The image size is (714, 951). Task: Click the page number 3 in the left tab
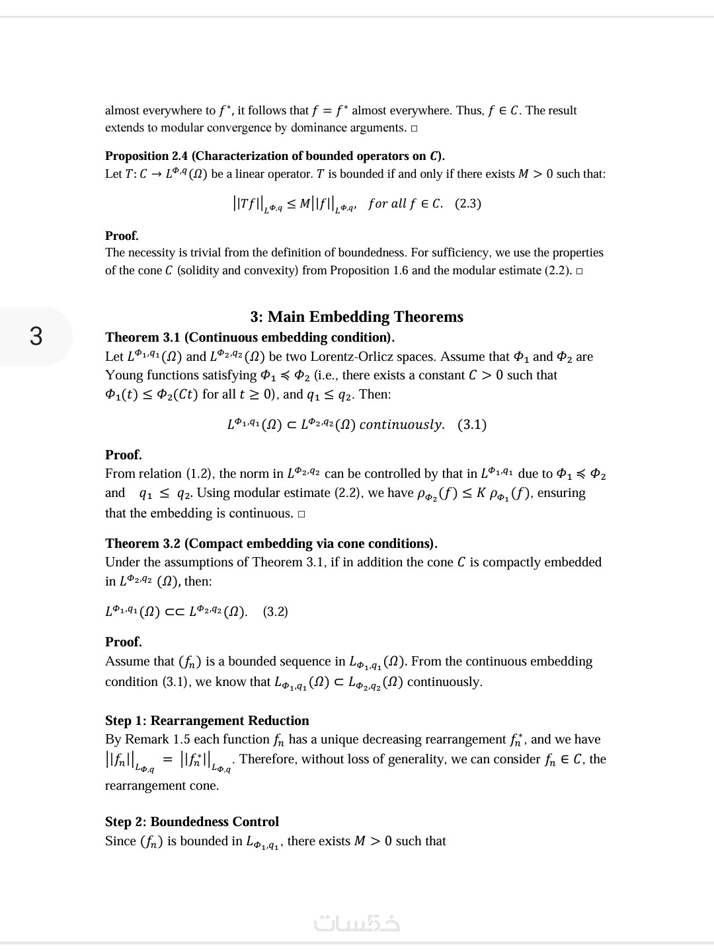point(36,336)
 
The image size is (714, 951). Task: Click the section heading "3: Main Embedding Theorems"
point(356,317)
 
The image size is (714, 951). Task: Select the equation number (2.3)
point(468,204)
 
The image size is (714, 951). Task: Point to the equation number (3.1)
point(472,424)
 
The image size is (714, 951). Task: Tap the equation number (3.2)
point(276,611)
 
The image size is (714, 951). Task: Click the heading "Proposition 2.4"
point(146,156)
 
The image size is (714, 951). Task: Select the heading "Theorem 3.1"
point(143,337)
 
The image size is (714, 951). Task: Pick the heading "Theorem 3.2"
point(143,543)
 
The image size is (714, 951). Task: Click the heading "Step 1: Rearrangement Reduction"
point(207,720)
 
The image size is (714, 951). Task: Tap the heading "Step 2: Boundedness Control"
point(192,821)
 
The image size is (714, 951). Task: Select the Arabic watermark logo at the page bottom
point(357,923)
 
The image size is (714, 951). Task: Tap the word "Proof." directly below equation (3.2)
point(124,642)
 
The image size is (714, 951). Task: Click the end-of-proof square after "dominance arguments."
point(414,128)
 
